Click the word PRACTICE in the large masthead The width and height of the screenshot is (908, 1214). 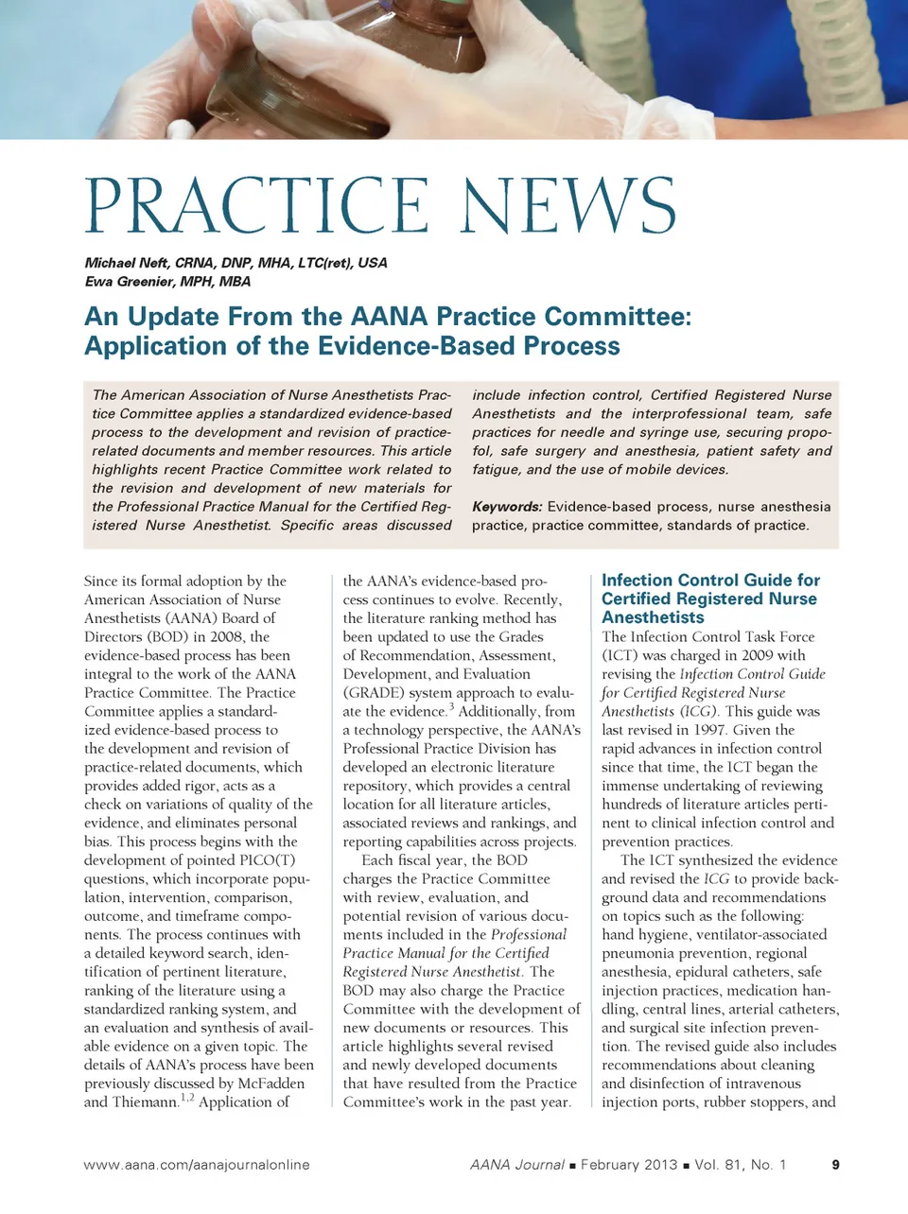(x=256, y=206)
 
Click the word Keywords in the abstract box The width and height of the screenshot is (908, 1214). (x=507, y=507)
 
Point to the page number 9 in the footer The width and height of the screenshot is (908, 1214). (x=835, y=1165)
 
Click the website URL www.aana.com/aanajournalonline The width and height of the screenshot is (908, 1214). (x=197, y=1165)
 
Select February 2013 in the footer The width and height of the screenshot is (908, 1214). (x=628, y=1165)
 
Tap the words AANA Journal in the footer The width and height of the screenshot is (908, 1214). (x=517, y=1165)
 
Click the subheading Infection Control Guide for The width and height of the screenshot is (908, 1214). (x=710, y=581)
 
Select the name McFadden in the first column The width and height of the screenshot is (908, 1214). (x=269, y=1084)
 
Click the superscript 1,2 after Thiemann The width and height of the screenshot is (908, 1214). (x=186, y=1098)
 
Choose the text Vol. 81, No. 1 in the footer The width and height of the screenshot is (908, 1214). (x=741, y=1165)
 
